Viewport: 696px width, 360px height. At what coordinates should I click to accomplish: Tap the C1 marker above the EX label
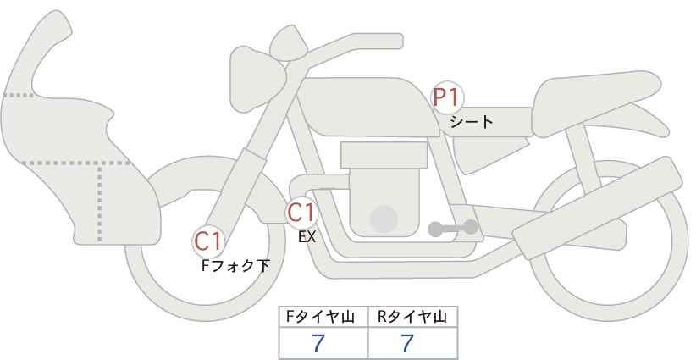pos(302,213)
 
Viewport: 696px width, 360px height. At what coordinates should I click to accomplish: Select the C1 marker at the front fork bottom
pos(208,242)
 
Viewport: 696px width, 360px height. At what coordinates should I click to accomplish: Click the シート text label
pos(472,122)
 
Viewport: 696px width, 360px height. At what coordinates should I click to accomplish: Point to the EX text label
pos(307,238)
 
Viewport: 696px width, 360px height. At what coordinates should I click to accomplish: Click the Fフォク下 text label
pos(235,266)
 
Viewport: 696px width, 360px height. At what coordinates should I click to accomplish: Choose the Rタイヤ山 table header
pos(412,317)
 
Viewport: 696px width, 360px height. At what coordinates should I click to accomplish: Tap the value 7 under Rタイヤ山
pos(407,344)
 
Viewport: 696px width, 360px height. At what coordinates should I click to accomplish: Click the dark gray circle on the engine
pos(384,219)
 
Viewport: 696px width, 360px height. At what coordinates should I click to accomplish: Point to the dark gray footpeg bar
pos(453,228)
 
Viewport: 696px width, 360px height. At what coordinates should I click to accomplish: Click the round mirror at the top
pos(289,40)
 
